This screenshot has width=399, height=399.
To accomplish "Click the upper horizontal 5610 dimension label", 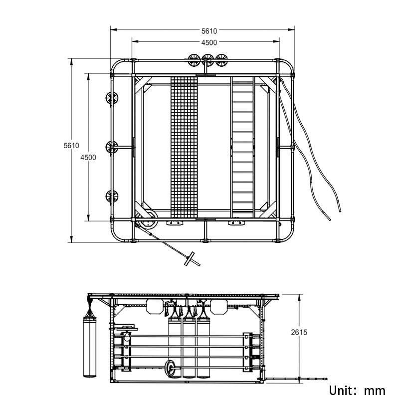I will tap(209, 30).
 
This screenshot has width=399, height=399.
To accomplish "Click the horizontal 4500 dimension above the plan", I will tap(209, 42).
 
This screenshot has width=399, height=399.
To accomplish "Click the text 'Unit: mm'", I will tap(356, 390).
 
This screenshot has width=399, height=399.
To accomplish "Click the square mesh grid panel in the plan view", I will tap(185, 147).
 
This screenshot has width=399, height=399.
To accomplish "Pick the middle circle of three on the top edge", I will tap(207, 60).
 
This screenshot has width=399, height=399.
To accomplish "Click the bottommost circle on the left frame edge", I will tap(112, 196).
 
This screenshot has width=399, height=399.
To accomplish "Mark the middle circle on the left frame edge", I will tap(112, 147).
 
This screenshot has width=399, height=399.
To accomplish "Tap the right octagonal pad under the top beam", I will tap(218, 306).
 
